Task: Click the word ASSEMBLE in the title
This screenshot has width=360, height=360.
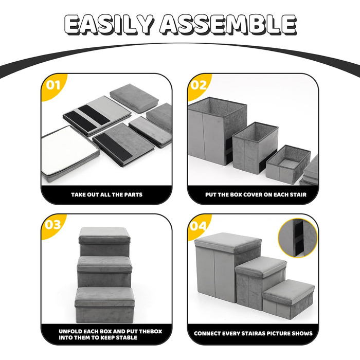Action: click(228, 25)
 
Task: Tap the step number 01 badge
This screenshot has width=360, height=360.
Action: click(53, 85)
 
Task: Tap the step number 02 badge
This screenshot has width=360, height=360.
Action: click(199, 85)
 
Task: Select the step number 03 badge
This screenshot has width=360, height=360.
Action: click(53, 225)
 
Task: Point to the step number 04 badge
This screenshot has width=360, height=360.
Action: click(198, 226)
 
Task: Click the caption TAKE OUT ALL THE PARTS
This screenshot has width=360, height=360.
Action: click(107, 195)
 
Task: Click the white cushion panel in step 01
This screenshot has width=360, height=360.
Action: click(69, 153)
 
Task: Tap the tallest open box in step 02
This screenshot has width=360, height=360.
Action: click(217, 131)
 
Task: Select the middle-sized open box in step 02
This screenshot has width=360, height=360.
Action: click(255, 148)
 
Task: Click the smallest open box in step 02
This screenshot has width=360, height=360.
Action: click(289, 164)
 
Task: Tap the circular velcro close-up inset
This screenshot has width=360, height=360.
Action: click(298, 238)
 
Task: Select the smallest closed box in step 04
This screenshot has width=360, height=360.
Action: click(289, 299)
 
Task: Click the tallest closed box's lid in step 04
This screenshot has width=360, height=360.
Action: click(228, 243)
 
